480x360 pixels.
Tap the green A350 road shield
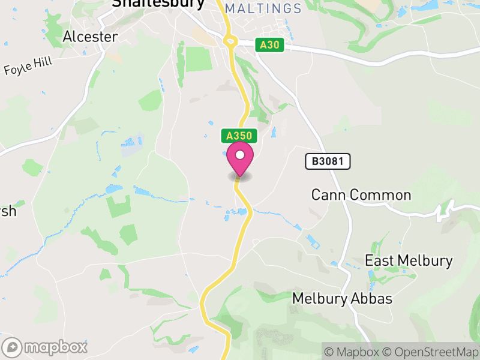coord(239,136)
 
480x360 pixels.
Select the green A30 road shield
coord(269,45)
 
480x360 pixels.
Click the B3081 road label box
coord(327,161)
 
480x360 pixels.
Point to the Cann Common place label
coord(361,195)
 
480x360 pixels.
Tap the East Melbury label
coord(409,261)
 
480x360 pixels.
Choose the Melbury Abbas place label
coord(342,298)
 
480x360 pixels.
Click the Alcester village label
coord(90,37)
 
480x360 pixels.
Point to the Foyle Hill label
coord(29,66)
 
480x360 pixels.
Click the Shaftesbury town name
coord(158,3)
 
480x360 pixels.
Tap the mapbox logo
coord(46,347)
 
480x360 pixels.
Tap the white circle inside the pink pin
coord(240,155)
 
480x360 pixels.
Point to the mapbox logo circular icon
coord(13,347)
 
